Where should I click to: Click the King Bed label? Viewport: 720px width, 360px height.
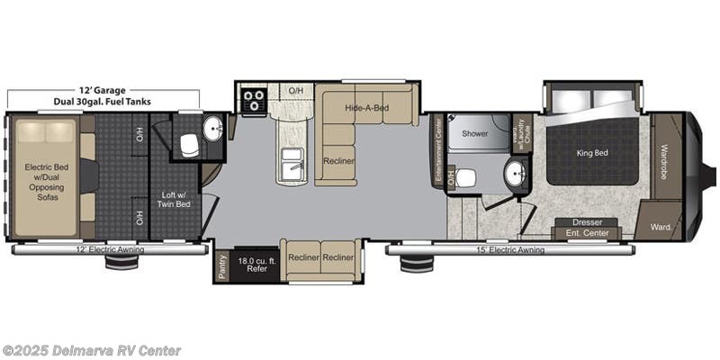click(591, 153)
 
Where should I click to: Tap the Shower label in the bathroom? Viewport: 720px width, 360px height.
click(474, 133)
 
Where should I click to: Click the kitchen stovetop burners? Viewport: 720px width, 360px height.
click(253, 99)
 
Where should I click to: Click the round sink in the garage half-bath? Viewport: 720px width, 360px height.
click(213, 128)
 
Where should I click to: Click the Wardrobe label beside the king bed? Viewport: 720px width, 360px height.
click(665, 162)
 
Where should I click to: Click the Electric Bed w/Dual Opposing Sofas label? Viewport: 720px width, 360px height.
click(41, 181)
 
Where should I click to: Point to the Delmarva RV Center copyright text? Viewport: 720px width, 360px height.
click(91, 350)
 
